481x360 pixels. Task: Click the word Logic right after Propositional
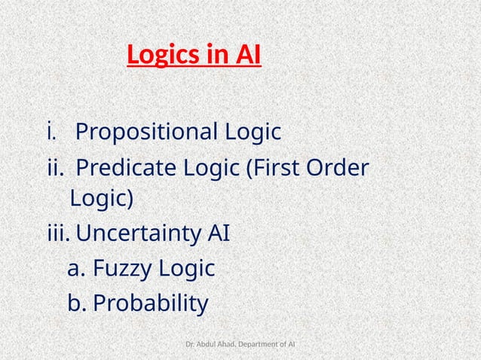coord(253,133)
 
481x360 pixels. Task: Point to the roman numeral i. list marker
coord(51,133)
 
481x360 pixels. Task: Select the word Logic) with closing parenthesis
coord(101,200)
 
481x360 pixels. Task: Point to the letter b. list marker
coord(76,303)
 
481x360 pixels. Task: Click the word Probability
coord(150,303)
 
